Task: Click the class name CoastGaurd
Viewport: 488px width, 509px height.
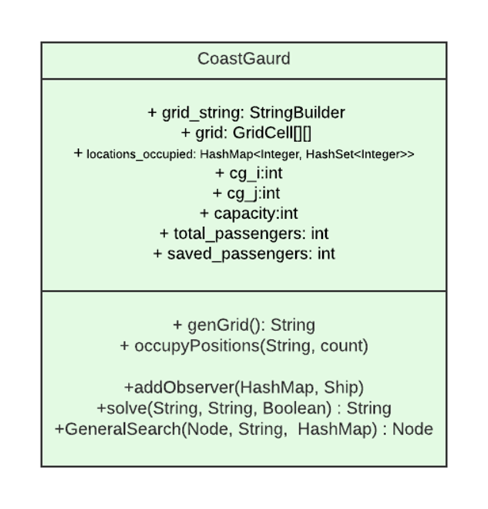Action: click(243, 59)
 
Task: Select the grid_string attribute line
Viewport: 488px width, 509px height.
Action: click(246, 112)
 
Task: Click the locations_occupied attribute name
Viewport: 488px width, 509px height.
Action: click(140, 154)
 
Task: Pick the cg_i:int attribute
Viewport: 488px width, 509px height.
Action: click(249, 173)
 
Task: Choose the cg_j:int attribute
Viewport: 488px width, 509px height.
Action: click(246, 193)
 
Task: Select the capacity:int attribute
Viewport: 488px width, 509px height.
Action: click(249, 213)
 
